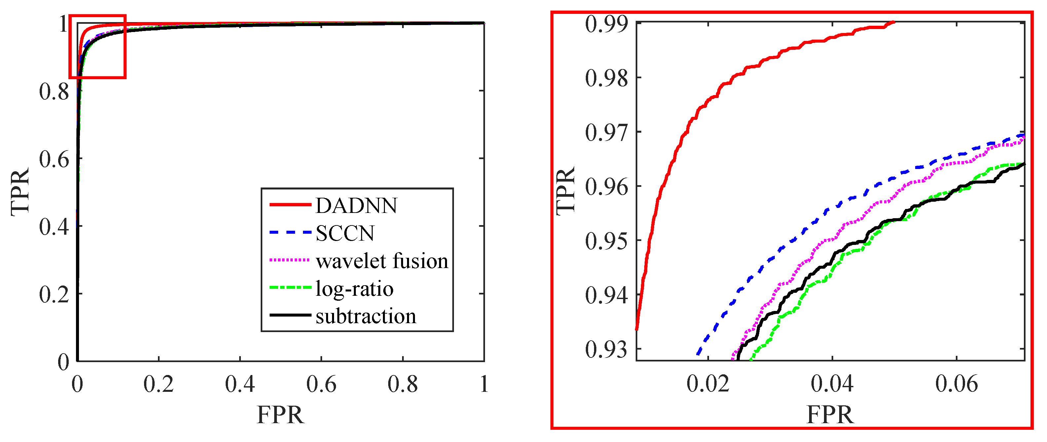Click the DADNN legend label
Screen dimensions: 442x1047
pos(356,206)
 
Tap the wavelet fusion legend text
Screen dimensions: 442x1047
pos(382,261)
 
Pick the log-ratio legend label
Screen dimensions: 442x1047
pos(355,289)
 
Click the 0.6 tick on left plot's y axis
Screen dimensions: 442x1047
pos(54,159)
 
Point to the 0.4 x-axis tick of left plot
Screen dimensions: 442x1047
pos(240,384)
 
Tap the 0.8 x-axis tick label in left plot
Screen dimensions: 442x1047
pos(402,384)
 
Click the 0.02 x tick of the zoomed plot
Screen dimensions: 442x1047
pos(708,384)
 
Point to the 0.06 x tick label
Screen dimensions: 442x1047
pos(956,384)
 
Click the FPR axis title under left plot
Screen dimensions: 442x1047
pos(280,415)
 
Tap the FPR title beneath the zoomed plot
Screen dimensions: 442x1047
pos(830,415)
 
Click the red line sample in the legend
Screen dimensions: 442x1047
pos(290,205)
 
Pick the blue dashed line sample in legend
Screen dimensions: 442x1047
pos(290,233)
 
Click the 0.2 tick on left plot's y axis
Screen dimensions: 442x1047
pos(54,294)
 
